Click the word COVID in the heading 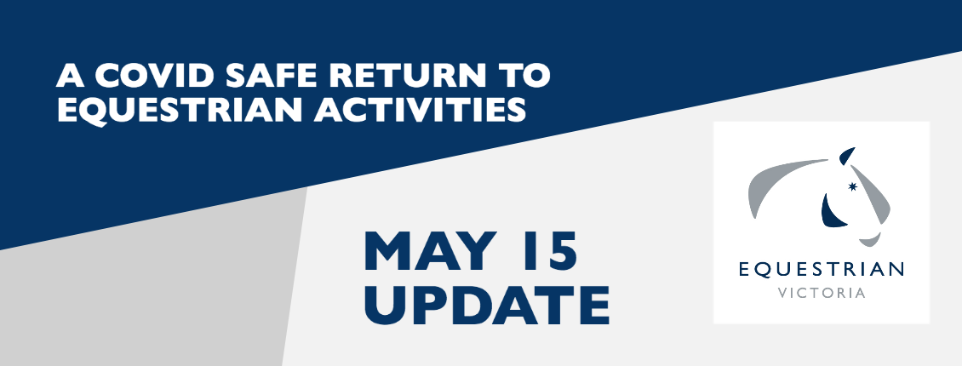[x=154, y=76]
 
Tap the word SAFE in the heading [x=272, y=76]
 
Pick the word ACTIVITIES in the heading [x=421, y=111]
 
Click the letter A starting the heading [x=70, y=76]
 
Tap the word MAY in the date [x=431, y=250]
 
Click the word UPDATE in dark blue [x=486, y=305]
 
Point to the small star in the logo [x=851, y=186]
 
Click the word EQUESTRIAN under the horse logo [x=822, y=270]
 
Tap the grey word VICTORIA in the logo [x=822, y=293]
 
